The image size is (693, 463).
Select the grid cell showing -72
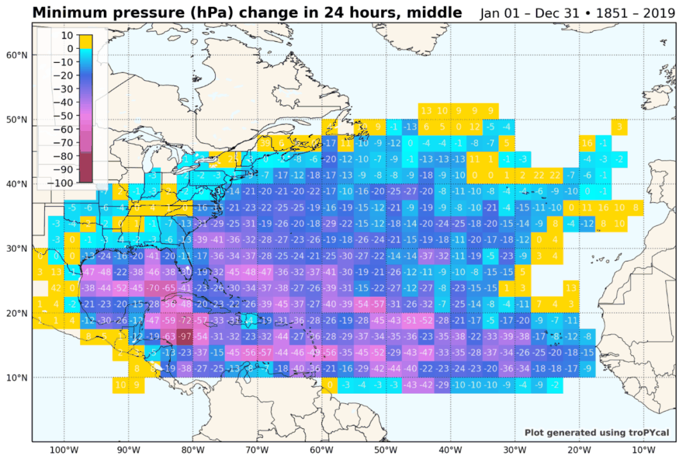click(186, 320)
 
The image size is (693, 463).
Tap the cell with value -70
click(153, 288)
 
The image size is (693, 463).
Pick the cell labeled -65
click(169, 288)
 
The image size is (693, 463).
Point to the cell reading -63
click(169, 336)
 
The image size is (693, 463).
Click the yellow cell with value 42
click(56, 288)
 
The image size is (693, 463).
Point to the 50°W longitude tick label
click(386, 450)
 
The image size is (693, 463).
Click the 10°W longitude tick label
click(644, 450)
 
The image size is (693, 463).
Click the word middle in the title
click(436, 13)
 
